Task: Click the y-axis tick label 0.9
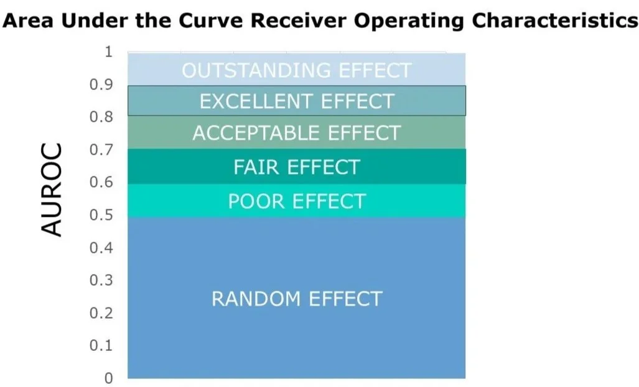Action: coord(101,84)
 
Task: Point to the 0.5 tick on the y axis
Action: coord(101,214)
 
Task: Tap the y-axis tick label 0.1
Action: coord(101,345)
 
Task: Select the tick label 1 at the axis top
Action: coord(108,52)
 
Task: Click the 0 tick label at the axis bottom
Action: coord(108,378)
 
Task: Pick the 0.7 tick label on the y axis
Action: coord(101,149)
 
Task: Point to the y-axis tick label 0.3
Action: coord(101,280)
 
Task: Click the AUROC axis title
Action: coord(52,189)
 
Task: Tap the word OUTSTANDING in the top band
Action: coord(257,70)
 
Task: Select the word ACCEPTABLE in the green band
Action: coord(257,133)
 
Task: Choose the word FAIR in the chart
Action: coord(257,167)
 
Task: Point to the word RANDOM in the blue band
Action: coord(257,299)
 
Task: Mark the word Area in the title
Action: coord(28,20)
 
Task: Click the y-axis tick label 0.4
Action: coord(101,247)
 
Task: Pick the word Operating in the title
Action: coord(408,21)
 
